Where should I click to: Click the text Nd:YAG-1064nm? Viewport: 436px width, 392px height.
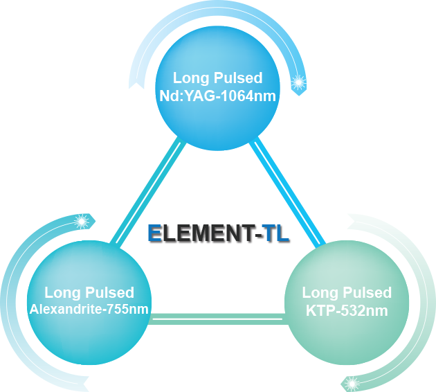(217, 96)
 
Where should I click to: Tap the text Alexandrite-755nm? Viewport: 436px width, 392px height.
(89, 309)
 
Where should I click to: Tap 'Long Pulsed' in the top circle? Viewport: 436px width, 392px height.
(217, 78)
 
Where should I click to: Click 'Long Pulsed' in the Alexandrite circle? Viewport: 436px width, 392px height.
(89, 292)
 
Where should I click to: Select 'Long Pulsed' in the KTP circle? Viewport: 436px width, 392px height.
(347, 292)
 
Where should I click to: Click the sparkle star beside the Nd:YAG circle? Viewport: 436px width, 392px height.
(299, 82)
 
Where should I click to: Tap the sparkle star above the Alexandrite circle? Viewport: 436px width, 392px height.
(81, 222)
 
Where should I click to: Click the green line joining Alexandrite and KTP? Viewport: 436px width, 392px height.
(217, 319)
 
